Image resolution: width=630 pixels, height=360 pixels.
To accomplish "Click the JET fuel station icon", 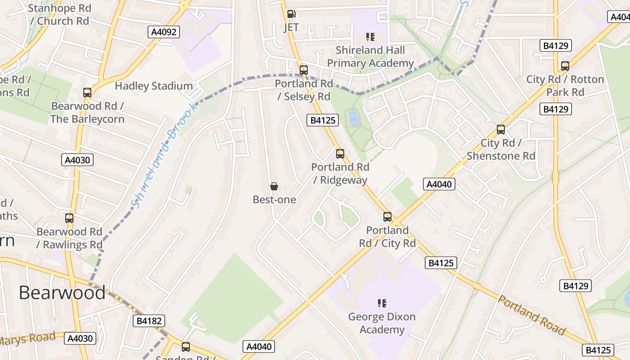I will (291, 14).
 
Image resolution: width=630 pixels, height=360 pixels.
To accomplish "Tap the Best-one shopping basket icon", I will (274, 186).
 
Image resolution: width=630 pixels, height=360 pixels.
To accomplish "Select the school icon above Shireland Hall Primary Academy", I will (370, 36).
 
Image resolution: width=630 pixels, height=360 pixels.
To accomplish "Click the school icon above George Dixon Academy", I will (382, 303).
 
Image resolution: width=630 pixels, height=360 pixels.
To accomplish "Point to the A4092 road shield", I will (164, 31).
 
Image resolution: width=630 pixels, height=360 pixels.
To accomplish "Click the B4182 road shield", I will (149, 321).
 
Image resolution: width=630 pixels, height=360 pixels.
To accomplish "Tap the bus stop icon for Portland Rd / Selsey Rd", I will (304, 70).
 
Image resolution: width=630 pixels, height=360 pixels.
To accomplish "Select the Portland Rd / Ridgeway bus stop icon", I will (340, 154).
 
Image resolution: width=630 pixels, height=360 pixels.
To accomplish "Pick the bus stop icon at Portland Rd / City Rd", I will (387, 217).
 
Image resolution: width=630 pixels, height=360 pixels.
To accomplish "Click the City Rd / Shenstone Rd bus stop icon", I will (501, 130).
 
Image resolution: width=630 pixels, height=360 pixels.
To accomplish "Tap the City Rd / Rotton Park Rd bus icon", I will (565, 66).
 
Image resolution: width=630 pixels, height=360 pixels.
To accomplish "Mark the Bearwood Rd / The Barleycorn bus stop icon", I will (87, 93).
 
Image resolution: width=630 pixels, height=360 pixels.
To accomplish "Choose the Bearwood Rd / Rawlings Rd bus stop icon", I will (69, 218).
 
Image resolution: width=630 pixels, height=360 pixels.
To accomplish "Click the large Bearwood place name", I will (62, 293).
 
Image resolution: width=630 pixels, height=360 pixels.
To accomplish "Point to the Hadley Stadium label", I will (154, 86).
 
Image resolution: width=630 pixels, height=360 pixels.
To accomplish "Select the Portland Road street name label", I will (531, 315).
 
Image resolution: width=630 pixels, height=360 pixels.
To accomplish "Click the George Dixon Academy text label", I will (382, 323).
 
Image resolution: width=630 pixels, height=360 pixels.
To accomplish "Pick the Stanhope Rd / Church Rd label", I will (59, 14).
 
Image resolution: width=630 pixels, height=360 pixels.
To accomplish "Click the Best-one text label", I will (274, 199).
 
